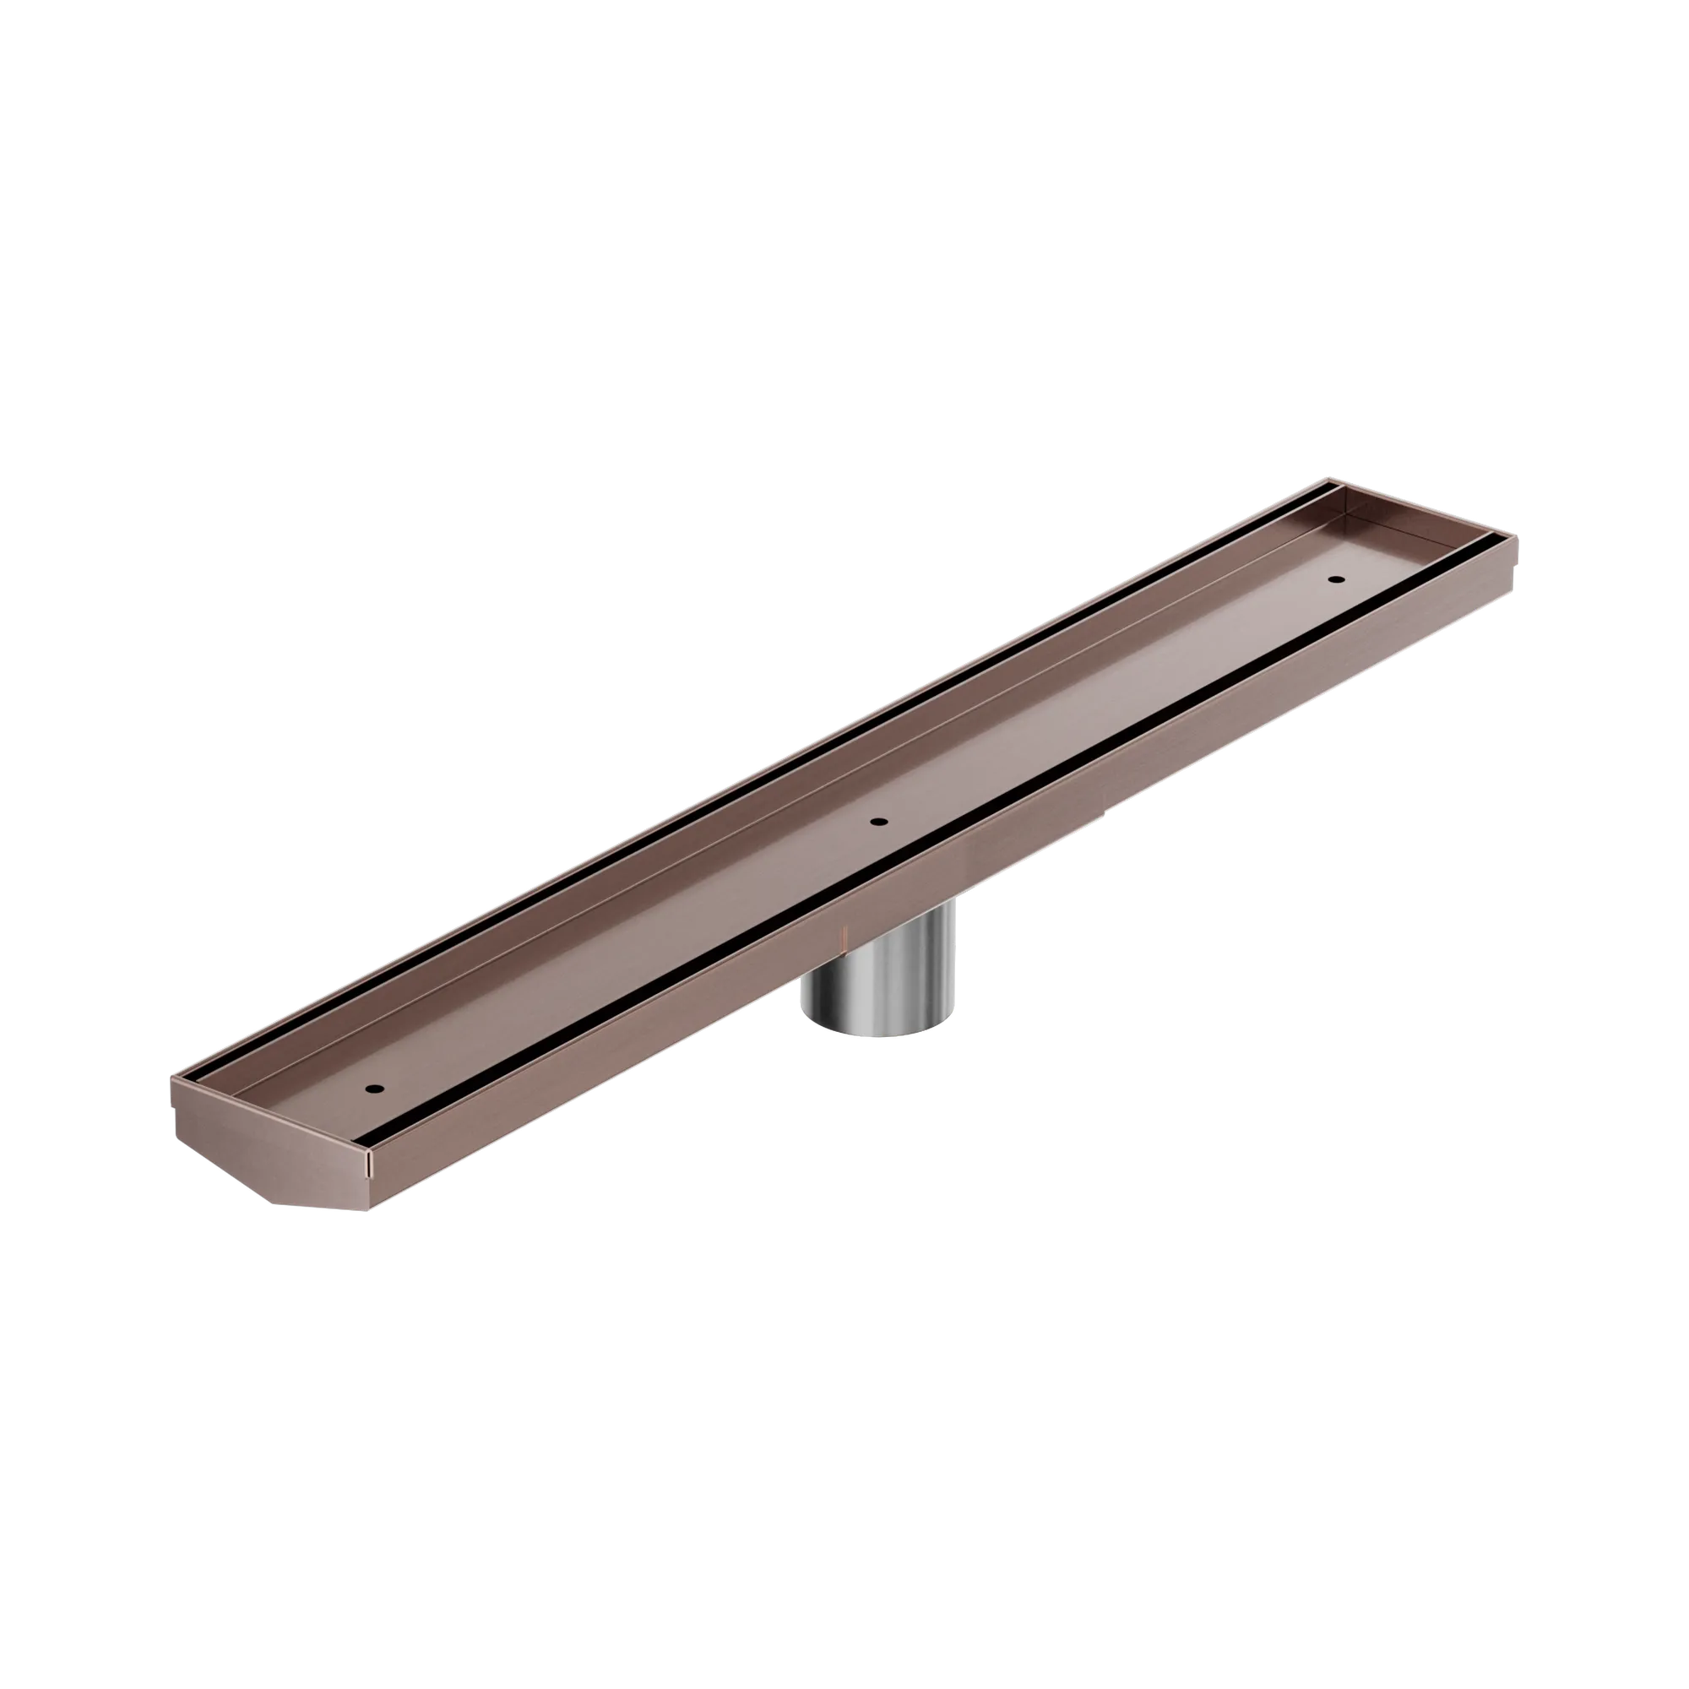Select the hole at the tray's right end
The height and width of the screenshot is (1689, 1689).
tap(1334, 578)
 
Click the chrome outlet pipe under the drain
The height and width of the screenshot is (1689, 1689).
tap(883, 970)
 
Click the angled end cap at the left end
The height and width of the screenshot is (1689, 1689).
tap(271, 1145)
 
